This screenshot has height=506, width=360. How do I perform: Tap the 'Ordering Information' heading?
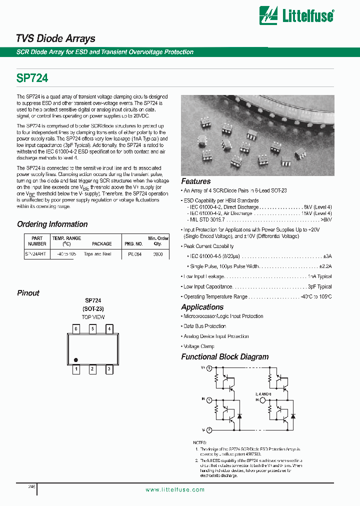tap(52, 224)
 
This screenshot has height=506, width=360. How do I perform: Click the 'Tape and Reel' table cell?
tap(97, 254)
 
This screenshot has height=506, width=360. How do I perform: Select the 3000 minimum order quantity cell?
tap(158, 254)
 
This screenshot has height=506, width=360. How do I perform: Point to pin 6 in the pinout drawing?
tap(76, 329)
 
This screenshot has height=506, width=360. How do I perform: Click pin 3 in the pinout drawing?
tap(109, 369)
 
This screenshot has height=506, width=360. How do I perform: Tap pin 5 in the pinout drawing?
tap(92, 329)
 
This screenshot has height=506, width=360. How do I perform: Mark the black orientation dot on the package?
tap(76, 359)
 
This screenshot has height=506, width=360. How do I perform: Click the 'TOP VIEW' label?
tap(93, 317)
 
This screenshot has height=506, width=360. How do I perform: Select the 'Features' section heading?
tap(195, 181)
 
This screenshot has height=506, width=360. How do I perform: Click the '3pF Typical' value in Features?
tap(319, 287)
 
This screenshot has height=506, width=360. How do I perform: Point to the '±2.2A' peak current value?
tap(325, 266)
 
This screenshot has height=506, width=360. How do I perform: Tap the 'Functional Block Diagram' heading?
tap(224, 357)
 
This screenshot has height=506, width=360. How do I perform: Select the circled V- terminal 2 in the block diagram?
tap(209, 430)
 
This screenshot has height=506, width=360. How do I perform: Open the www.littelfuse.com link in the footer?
tap(175, 490)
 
